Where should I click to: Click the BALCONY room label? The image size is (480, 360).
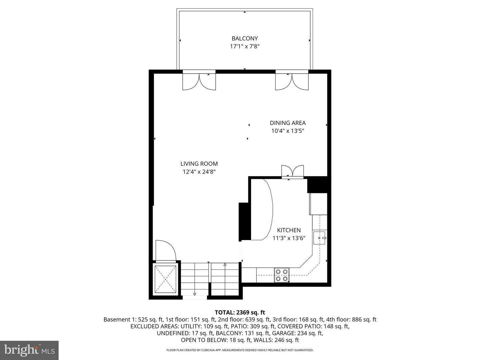pyautogui.click(x=245, y=38)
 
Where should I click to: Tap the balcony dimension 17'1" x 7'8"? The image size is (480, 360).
pyautogui.click(x=245, y=47)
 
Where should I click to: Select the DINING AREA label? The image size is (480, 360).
pyautogui.click(x=288, y=123)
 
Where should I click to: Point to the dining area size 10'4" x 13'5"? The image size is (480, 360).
pyautogui.click(x=288, y=131)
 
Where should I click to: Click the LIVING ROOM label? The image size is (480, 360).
pyautogui.click(x=199, y=164)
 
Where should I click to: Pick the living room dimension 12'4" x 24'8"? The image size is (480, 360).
pyautogui.click(x=199, y=172)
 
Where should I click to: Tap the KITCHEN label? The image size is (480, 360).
pyautogui.click(x=289, y=230)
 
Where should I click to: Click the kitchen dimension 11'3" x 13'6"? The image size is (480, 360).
pyautogui.click(x=289, y=238)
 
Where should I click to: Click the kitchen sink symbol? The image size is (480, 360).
pyautogui.click(x=319, y=238)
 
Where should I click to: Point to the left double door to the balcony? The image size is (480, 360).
pyautogui.click(x=199, y=81)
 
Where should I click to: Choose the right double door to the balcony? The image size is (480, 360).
pyautogui.click(x=292, y=81)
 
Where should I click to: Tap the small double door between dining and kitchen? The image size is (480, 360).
pyautogui.click(x=292, y=171)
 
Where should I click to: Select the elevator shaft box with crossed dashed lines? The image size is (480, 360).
pyautogui.click(x=165, y=279)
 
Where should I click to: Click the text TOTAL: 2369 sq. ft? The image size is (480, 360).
pyautogui.click(x=240, y=312)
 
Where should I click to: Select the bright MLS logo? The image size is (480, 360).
pyautogui.click(x=29, y=350)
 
